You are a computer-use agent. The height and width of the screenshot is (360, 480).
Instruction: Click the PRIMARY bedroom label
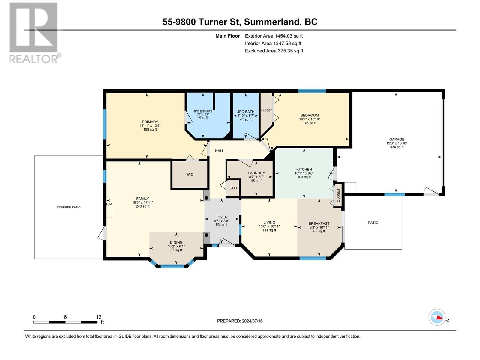[x=150, y=122]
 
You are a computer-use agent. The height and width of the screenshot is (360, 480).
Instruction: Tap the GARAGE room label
[x=397, y=139]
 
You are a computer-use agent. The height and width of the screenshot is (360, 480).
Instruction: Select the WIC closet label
[x=190, y=174]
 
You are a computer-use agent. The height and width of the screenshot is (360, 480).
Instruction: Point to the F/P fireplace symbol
[x=109, y=204]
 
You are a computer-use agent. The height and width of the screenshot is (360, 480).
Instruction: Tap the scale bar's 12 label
[x=99, y=317]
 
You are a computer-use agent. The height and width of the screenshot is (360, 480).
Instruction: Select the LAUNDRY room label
[x=256, y=173]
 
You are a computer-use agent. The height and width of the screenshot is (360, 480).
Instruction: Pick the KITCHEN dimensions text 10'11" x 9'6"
[x=304, y=173]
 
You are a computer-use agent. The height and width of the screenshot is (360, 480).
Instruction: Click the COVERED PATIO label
[x=69, y=207]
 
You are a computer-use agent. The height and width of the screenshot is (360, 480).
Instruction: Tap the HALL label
[x=219, y=151]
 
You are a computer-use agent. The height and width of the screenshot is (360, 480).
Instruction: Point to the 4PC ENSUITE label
[x=203, y=111]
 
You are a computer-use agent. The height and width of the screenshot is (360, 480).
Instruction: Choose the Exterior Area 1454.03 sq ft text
[x=274, y=36]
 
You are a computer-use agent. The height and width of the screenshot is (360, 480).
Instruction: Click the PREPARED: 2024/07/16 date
[x=240, y=321]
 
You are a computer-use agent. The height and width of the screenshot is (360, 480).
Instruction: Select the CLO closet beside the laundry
[x=233, y=188]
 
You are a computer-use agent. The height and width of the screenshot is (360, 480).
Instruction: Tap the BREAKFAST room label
[x=319, y=223]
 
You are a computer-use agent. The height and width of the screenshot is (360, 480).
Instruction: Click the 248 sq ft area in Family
[x=142, y=206]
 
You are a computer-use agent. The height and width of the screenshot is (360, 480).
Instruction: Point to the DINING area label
[x=176, y=242]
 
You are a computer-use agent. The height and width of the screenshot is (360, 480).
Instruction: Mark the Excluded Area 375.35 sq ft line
[x=274, y=51]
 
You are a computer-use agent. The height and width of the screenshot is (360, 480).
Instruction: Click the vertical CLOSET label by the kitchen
[x=338, y=195]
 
